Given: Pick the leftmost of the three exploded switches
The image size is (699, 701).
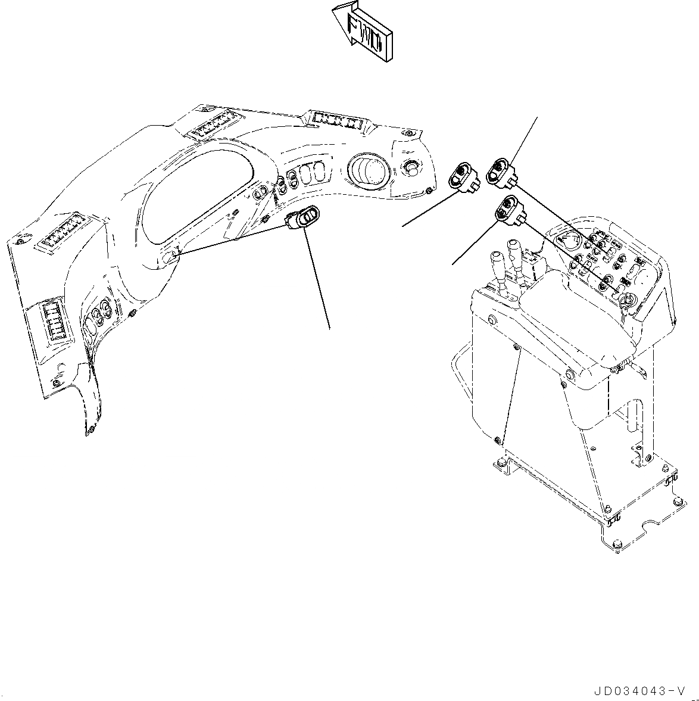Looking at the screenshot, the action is point(464,177).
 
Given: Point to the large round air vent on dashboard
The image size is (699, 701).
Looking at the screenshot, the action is point(370,169).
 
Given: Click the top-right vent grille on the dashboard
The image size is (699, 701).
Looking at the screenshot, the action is point(338,120).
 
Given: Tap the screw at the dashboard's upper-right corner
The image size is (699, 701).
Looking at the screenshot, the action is point(410,133).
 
